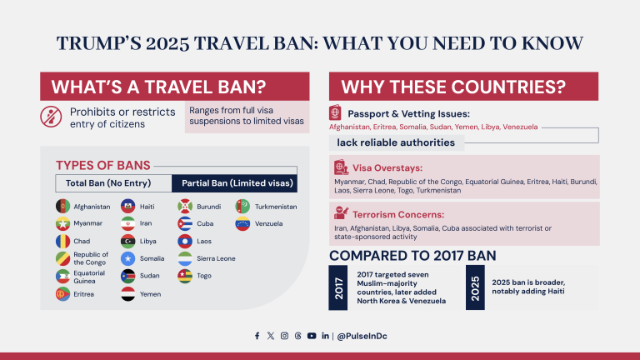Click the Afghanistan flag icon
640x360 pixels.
(62, 206)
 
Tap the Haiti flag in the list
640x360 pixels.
(127, 206)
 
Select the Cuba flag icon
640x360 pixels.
(185, 223)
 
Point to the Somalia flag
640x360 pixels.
(127, 258)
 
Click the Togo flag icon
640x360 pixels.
(185, 275)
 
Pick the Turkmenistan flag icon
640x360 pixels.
(242, 206)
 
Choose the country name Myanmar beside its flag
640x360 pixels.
(89, 223)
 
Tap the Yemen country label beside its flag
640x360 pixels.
(152, 293)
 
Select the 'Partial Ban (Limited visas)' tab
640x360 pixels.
(237, 183)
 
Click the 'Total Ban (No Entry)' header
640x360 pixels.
(113, 183)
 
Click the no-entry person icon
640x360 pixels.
(51, 117)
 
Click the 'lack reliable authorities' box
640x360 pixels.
(384, 142)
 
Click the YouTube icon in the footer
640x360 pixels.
(311, 336)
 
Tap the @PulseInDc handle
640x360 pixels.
(361, 336)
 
